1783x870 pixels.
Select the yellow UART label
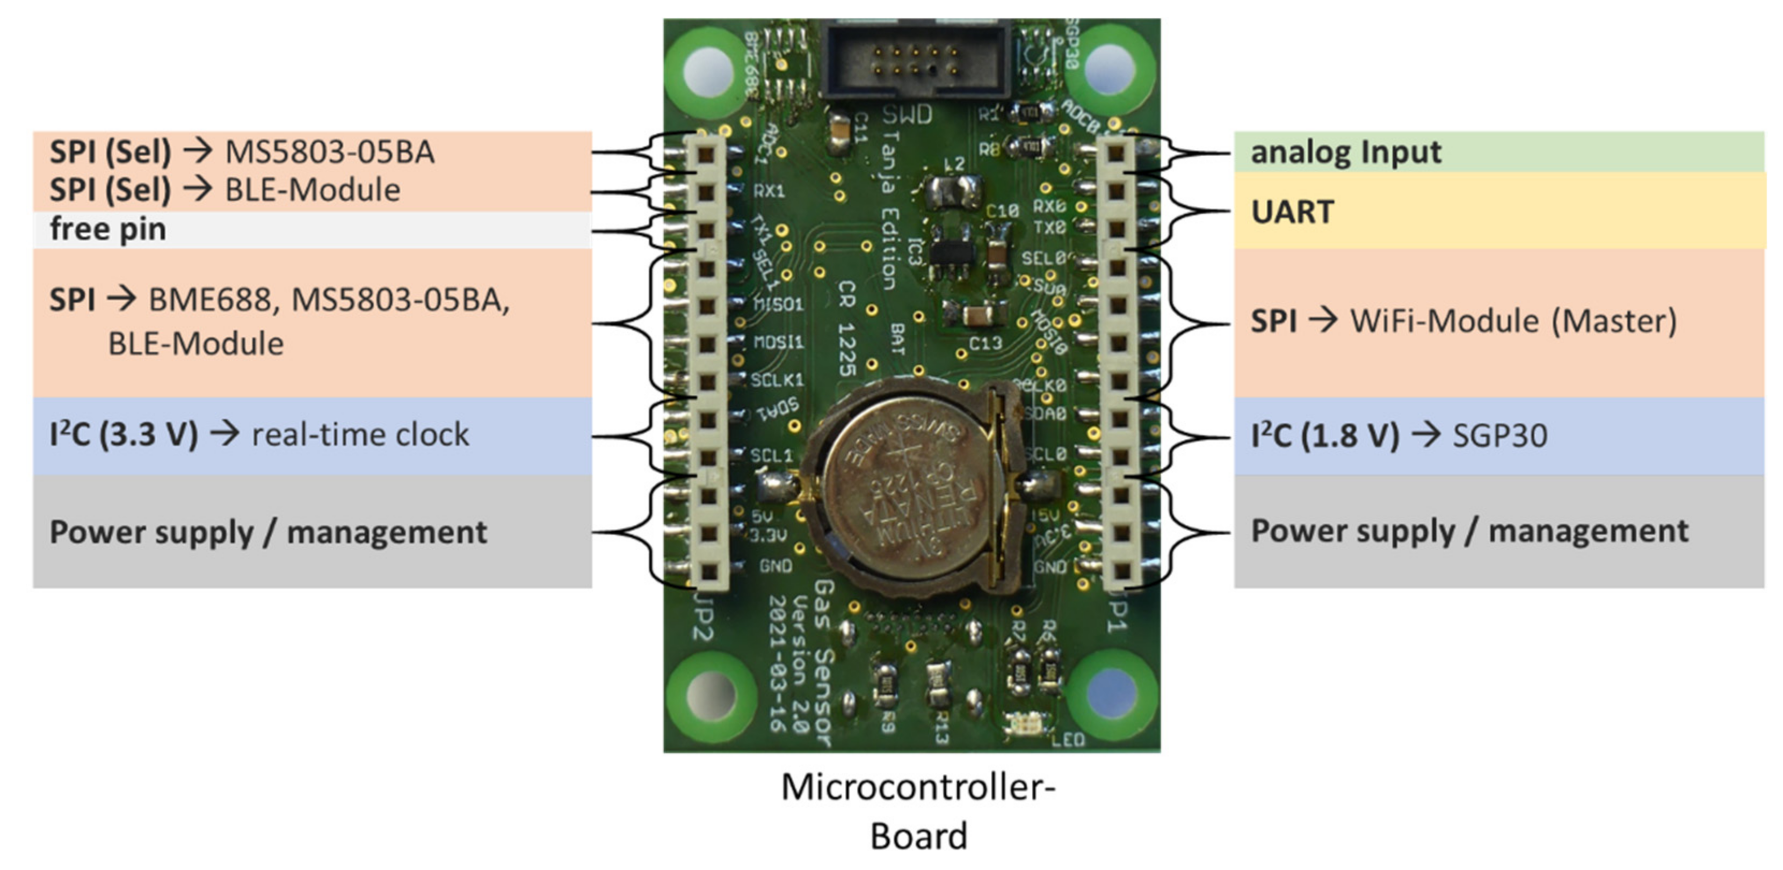(x=1292, y=212)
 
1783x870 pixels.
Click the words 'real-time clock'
(x=360, y=434)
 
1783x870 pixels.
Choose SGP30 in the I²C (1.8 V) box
(x=1499, y=436)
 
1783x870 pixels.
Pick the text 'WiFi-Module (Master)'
(x=1513, y=321)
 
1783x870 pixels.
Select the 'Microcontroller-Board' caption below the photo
(x=918, y=811)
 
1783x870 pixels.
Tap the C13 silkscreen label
(x=985, y=343)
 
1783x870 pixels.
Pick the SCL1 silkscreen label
(x=772, y=455)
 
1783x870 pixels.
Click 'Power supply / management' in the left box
(x=269, y=532)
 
